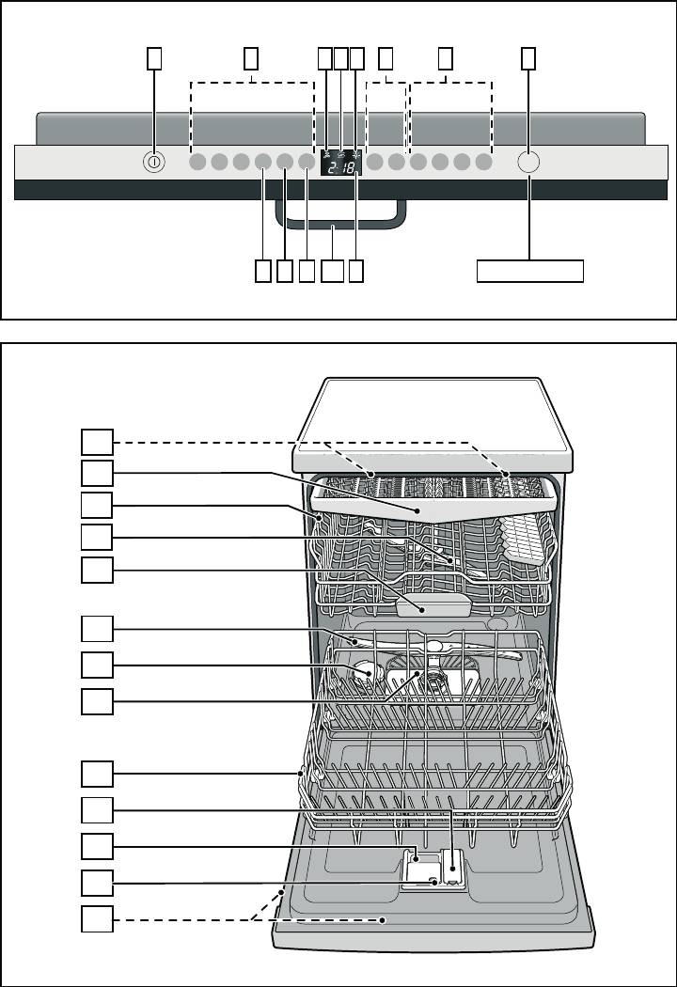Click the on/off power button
(x=153, y=163)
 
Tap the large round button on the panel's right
(x=529, y=162)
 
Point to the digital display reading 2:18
(x=341, y=166)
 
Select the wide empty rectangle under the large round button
(x=529, y=271)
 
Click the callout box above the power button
(x=153, y=58)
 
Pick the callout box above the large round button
(x=529, y=58)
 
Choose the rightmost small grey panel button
(x=483, y=162)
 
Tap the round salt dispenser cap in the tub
(x=364, y=671)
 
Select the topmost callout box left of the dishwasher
(x=96, y=442)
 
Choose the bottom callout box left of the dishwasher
(x=96, y=918)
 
